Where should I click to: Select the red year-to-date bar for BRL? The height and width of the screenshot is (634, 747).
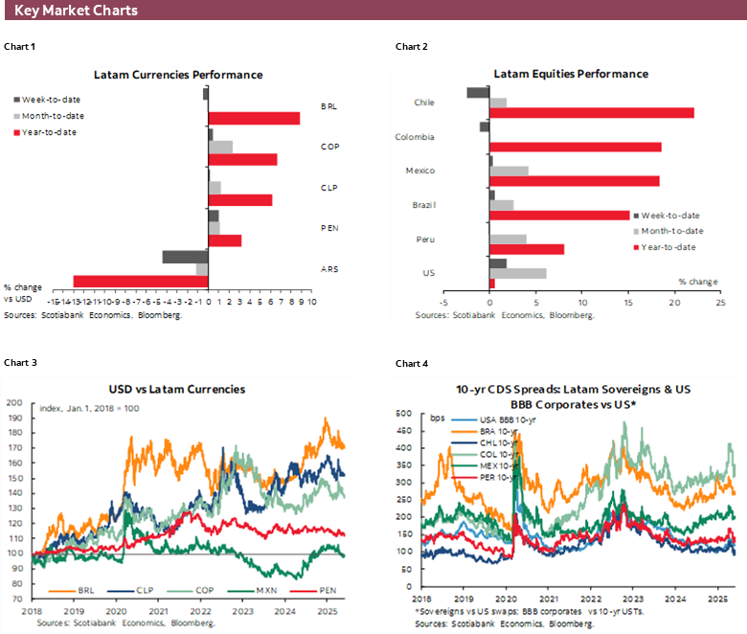(x=254, y=118)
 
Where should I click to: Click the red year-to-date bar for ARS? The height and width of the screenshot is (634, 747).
(x=141, y=282)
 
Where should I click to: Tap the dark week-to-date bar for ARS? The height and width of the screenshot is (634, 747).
(x=185, y=257)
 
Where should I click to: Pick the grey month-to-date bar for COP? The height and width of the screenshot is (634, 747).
(x=220, y=147)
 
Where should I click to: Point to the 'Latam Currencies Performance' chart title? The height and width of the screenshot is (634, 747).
(x=178, y=75)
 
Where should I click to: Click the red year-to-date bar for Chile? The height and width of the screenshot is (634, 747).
(x=592, y=113)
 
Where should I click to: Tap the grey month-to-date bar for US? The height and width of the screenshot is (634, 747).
(x=517, y=274)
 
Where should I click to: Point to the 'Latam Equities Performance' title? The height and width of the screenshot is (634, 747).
(x=570, y=75)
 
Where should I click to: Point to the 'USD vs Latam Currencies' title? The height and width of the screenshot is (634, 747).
(x=177, y=389)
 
